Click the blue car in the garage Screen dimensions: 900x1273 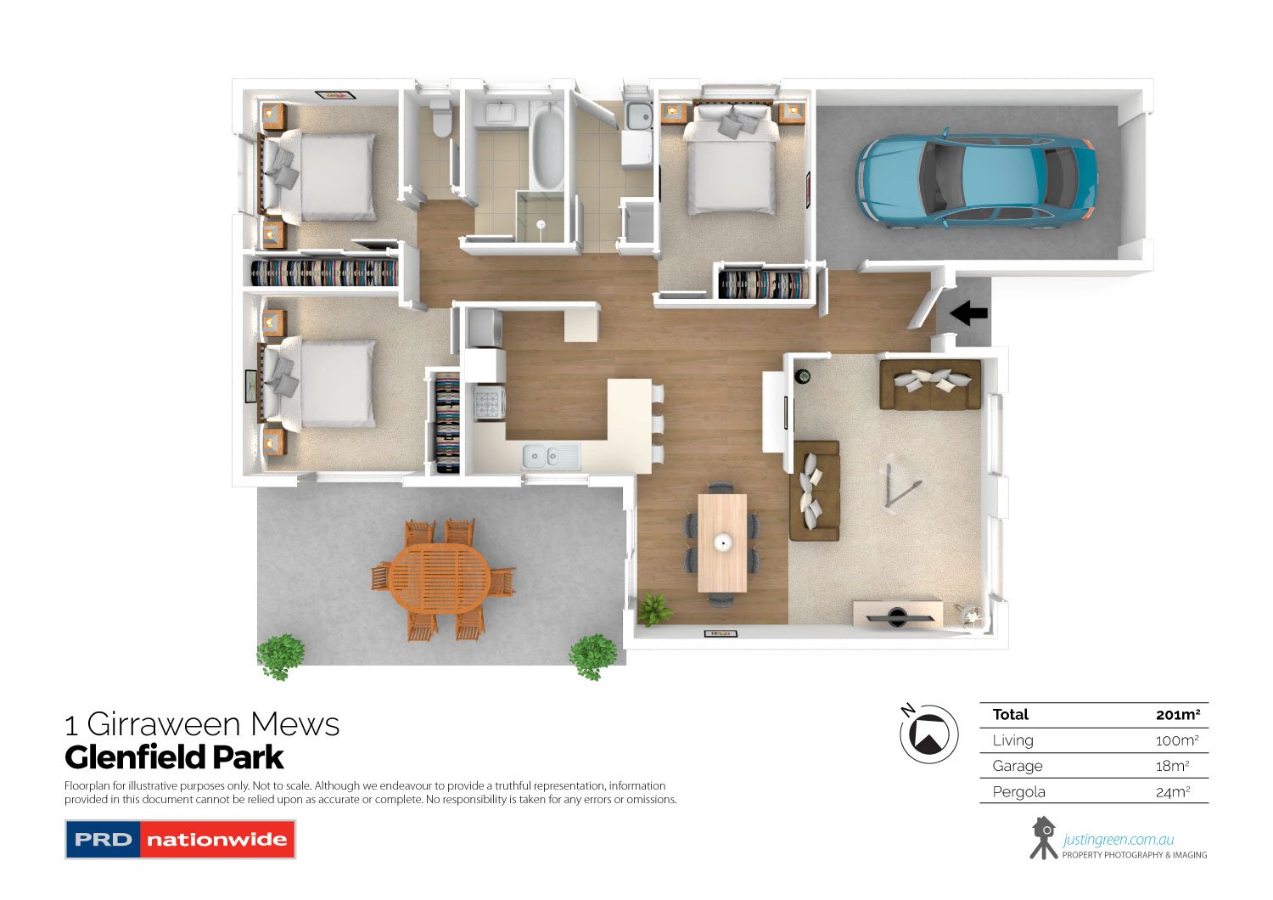click(976, 180)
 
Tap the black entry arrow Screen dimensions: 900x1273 click(968, 313)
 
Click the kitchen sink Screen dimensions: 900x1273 click(551, 456)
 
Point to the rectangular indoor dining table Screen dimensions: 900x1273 click(722, 542)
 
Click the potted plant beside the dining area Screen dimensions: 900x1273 click(654, 609)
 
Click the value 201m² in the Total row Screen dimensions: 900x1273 click(1177, 715)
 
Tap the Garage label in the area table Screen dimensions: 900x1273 click(1017, 766)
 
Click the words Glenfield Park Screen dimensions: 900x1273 click(174, 757)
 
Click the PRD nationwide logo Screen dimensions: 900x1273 click(180, 839)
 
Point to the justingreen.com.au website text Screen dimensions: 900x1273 click(1118, 840)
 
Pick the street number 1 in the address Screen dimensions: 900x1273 click(71, 725)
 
